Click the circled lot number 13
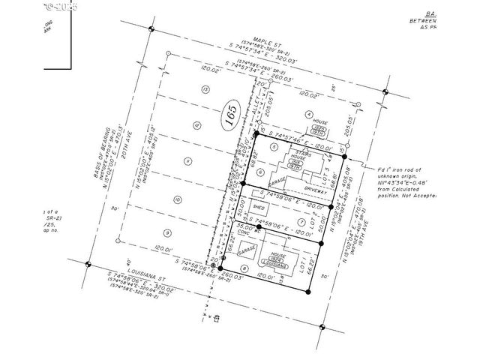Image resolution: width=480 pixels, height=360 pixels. [x=205, y=89]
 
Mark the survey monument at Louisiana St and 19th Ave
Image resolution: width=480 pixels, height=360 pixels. [x=322, y=327]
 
